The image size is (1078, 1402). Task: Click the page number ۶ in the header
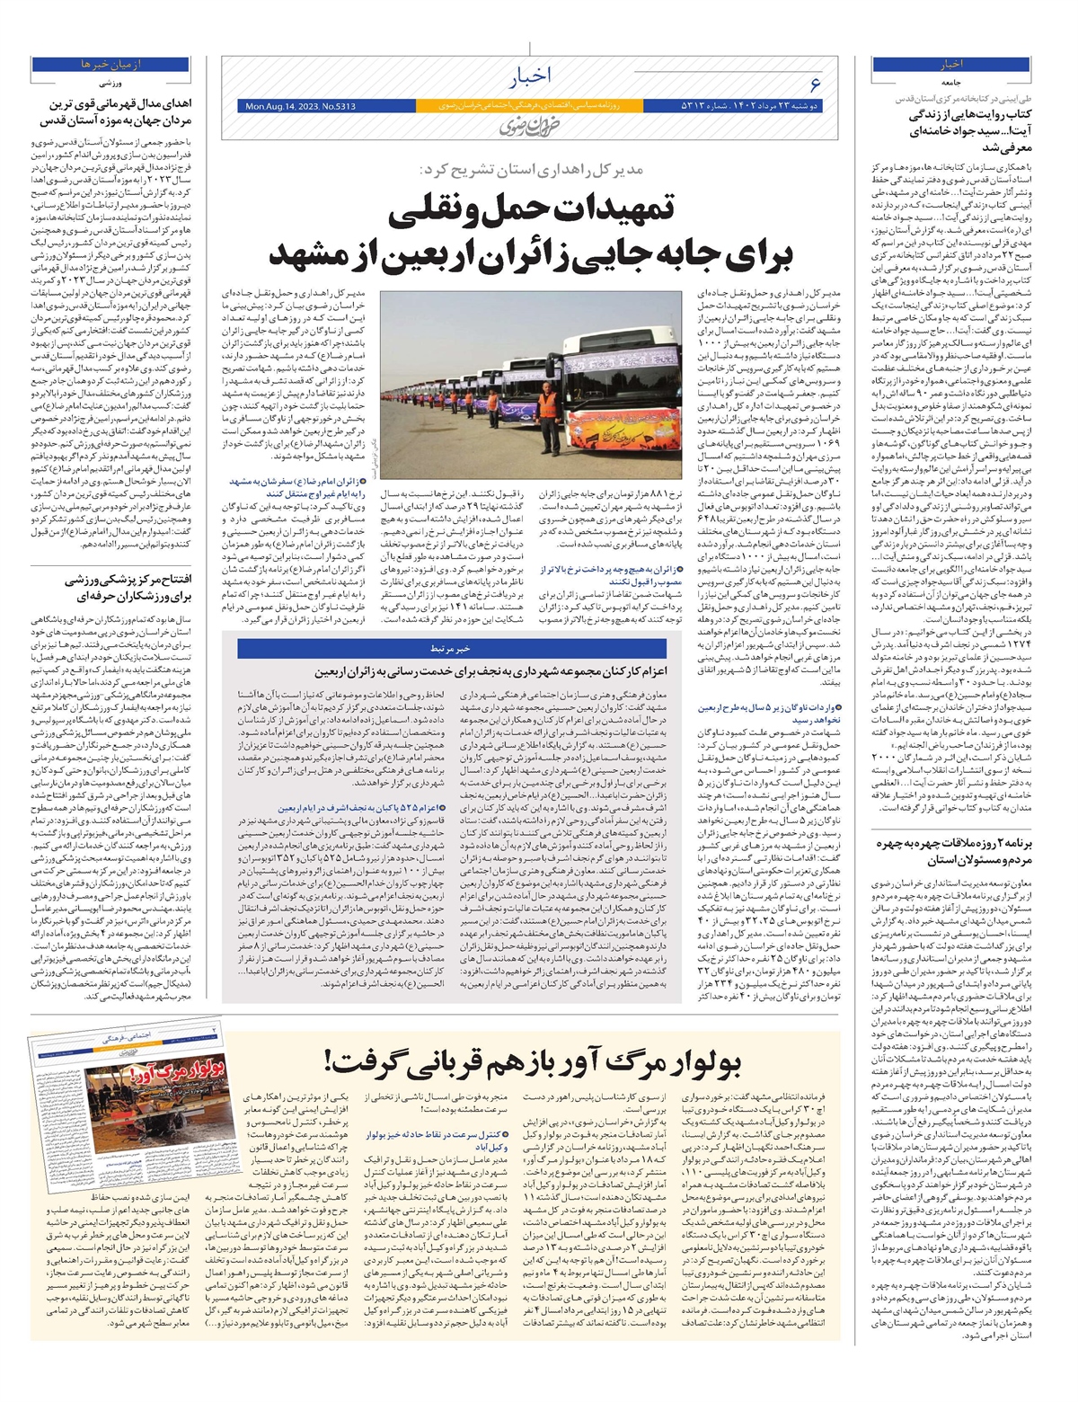[815, 84]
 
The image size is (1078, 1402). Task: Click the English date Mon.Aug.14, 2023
[300, 107]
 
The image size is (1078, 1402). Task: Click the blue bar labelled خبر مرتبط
[452, 648]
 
